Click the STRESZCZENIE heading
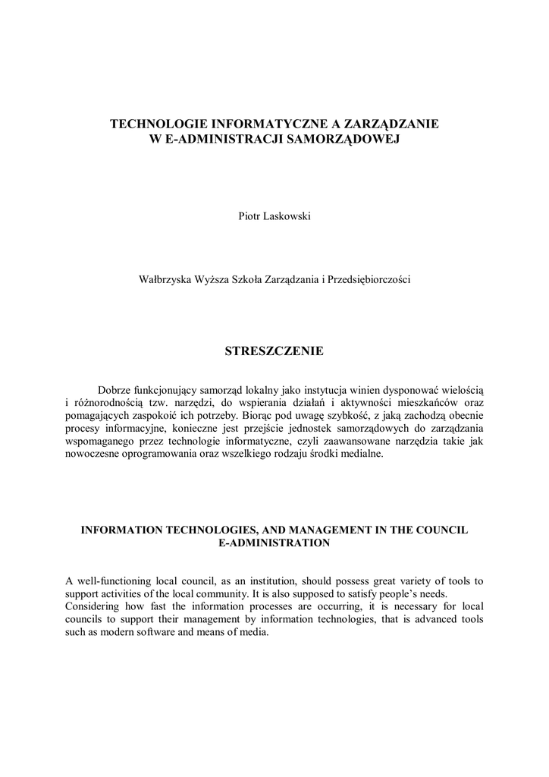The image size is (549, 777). [274, 351]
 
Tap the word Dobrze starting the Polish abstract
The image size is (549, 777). [115, 388]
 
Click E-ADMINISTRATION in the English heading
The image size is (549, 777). [274, 543]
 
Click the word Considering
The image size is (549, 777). [93, 606]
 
